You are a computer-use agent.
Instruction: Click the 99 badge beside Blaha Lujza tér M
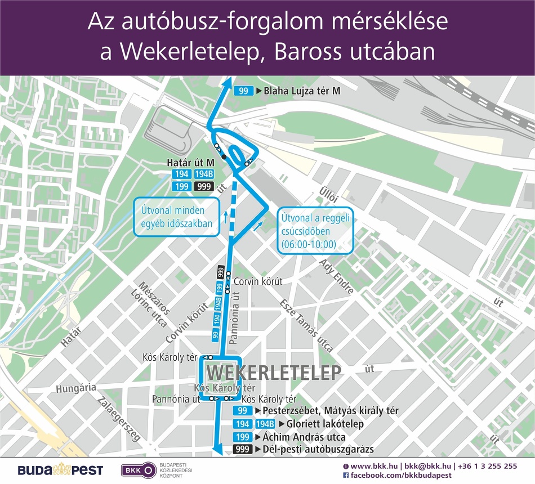tap(243, 91)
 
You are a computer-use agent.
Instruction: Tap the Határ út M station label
tap(191, 163)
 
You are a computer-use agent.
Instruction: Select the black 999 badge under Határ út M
tap(204, 186)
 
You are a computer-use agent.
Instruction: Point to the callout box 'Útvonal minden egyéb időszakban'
tap(177, 217)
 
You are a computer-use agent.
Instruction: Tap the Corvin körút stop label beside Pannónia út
tap(258, 281)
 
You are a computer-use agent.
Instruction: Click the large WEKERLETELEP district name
tap(274, 373)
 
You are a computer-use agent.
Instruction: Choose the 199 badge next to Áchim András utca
tap(243, 437)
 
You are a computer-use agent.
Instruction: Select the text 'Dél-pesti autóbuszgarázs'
tap(318, 449)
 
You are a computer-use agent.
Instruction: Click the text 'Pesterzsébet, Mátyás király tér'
tap(331, 411)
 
